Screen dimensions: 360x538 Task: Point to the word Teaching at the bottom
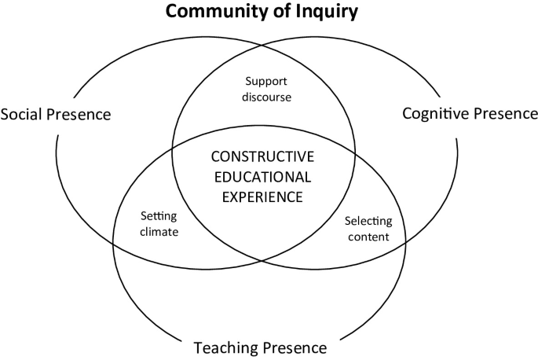click(x=225, y=347)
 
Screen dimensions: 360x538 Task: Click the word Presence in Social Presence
click(x=82, y=115)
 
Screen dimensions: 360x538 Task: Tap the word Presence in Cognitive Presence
click(x=505, y=113)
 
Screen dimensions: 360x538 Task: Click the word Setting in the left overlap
click(x=159, y=216)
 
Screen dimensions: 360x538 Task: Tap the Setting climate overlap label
click(x=159, y=224)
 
